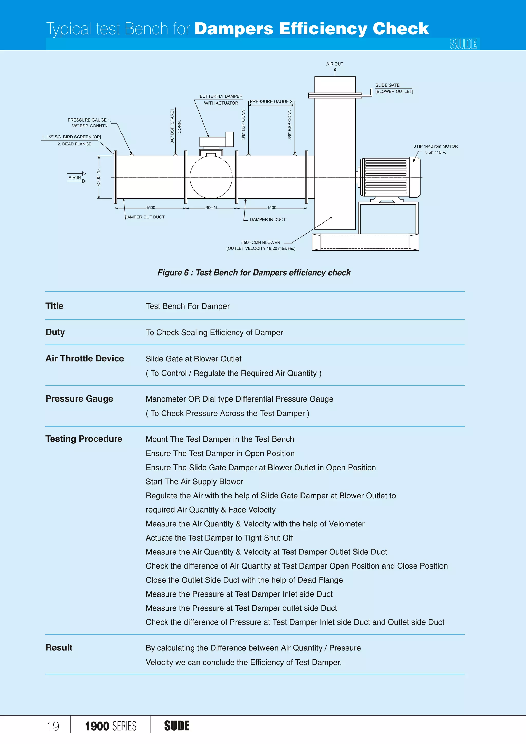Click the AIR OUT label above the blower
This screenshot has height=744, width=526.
click(335, 64)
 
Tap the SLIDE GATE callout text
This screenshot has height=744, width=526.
click(387, 85)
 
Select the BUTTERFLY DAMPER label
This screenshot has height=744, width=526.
click(221, 96)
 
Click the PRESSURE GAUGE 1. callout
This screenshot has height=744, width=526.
click(89, 120)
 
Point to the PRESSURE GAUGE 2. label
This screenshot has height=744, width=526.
click(271, 101)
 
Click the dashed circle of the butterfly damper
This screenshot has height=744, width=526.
click(211, 177)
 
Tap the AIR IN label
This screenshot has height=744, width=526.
click(74, 177)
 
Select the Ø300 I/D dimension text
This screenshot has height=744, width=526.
click(98, 178)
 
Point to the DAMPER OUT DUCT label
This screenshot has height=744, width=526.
click(145, 217)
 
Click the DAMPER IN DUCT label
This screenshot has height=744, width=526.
click(268, 219)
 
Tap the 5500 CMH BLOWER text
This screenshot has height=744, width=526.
click(260, 242)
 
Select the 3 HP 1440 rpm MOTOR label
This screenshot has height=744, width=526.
click(435, 146)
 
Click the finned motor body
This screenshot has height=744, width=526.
click(386, 177)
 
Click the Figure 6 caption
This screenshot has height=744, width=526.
click(254, 273)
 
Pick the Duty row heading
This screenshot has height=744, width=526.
click(55, 332)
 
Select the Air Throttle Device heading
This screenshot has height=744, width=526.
click(84, 358)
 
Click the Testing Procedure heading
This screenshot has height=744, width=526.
click(84, 439)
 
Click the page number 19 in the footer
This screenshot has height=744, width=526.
click(53, 726)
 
